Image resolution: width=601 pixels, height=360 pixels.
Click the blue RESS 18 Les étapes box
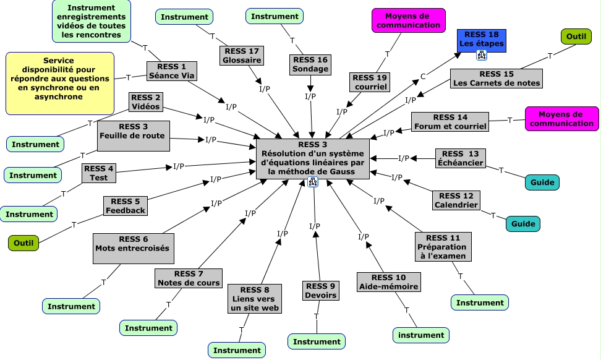481,39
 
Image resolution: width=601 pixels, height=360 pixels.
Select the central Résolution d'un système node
313,158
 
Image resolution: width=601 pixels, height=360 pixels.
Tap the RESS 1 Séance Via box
171,71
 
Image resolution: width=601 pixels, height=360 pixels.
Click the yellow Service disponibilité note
59,84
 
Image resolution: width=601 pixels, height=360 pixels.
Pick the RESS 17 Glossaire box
242,55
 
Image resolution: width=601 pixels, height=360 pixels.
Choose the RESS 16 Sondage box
310,64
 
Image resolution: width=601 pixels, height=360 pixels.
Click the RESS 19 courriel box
370,82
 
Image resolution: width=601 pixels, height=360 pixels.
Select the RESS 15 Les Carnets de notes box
496,78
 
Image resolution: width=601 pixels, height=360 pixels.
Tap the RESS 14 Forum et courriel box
450,121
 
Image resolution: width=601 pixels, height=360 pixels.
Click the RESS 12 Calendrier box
456,200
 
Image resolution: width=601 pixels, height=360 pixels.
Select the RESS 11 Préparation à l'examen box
443,246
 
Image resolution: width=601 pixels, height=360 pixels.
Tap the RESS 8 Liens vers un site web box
254,299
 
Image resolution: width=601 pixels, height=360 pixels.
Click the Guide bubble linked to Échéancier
542,182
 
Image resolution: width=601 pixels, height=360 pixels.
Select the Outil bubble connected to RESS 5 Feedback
23,242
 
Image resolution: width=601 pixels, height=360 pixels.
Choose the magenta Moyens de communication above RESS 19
408,20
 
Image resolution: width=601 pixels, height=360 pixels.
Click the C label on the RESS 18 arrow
424,77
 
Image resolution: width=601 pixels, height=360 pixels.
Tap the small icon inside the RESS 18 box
481,54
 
